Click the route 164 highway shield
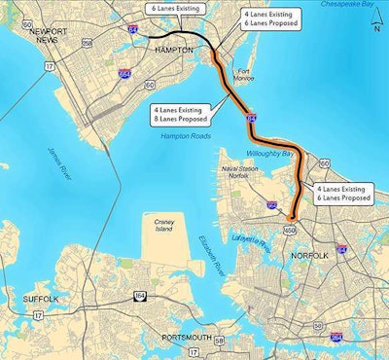click(140, 290)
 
